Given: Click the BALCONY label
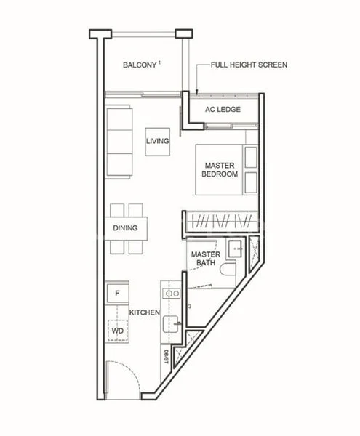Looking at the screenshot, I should (x=138, y=65).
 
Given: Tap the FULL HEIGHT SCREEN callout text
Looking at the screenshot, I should (x=249, y=65).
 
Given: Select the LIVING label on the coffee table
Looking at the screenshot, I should (x=158, y=142).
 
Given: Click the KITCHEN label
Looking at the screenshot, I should (x=145, y=312).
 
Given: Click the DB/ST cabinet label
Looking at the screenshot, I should (x=166, y=356).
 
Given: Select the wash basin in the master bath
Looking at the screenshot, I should (x=235, y=249).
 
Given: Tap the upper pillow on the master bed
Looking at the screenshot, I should (x=251, y=156).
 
